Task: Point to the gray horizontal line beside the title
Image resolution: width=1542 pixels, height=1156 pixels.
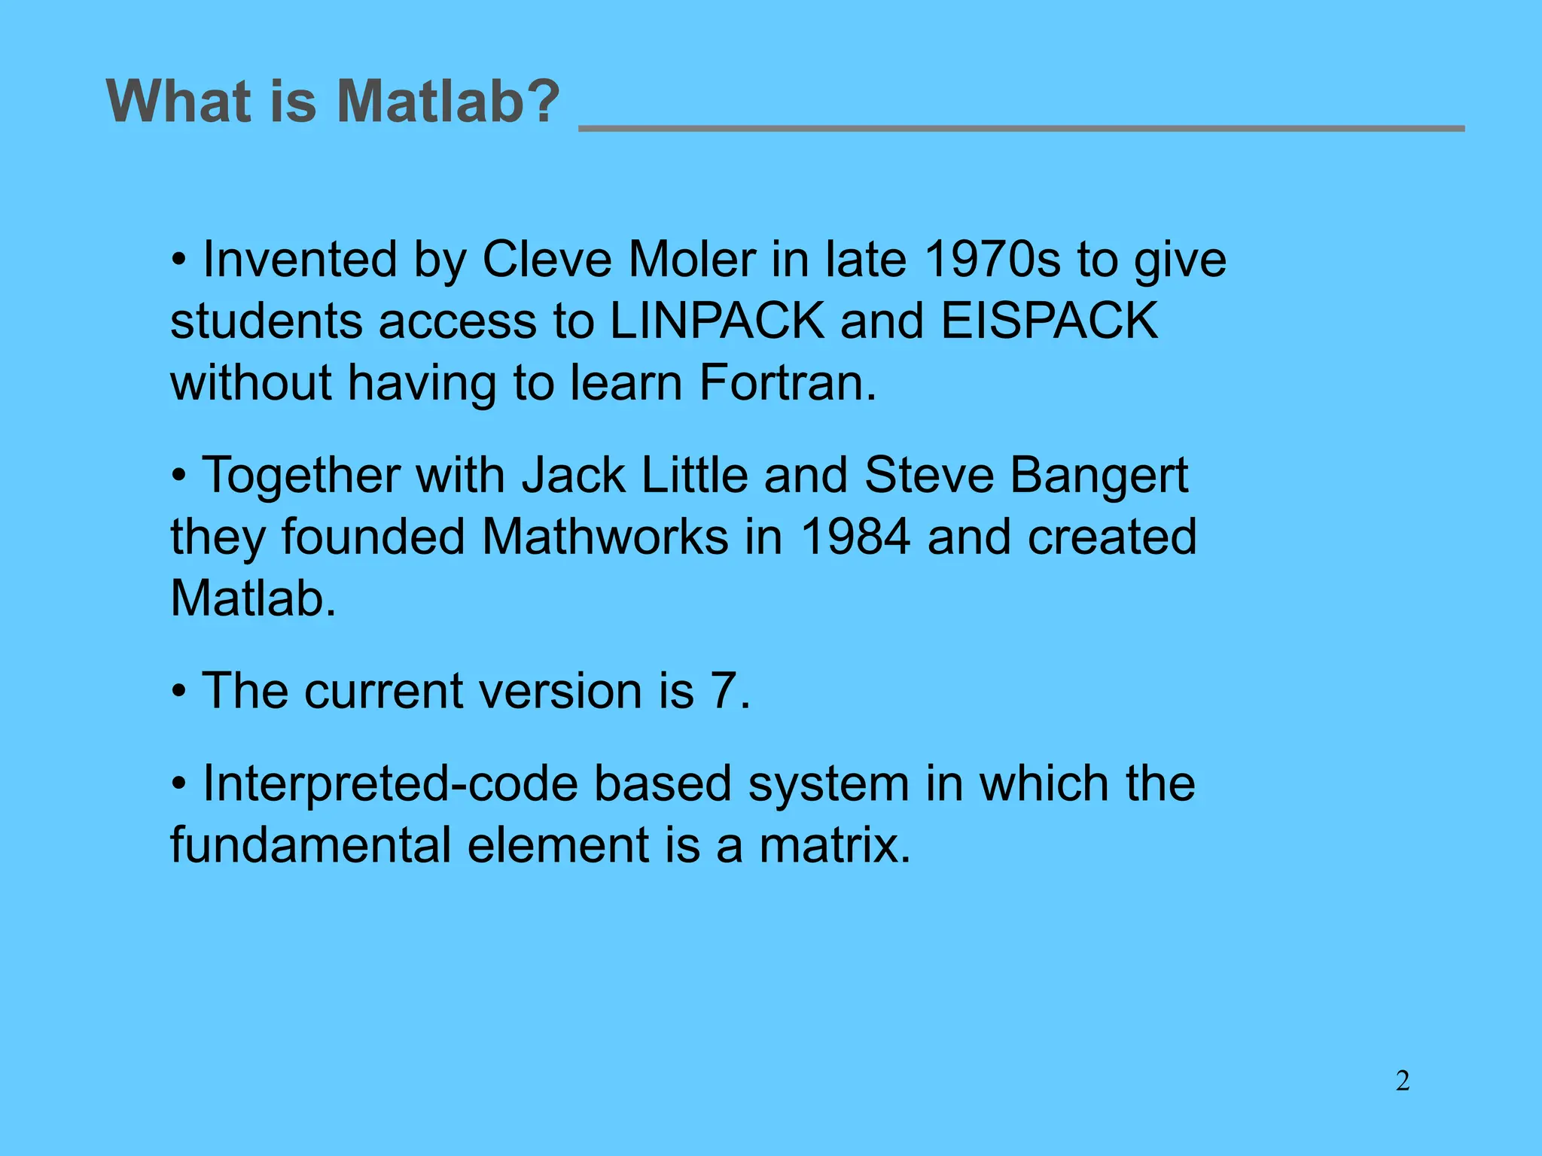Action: coord(1021,129)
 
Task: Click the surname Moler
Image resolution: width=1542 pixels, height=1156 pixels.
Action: coord(691,260)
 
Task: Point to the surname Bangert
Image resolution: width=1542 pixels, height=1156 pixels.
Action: coord(1099,476)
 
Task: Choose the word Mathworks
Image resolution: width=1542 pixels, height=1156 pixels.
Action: coord(605,538)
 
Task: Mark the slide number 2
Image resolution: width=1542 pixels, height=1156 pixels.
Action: coord(1402,1081)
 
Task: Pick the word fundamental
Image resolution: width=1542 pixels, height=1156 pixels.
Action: coord(310,846)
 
